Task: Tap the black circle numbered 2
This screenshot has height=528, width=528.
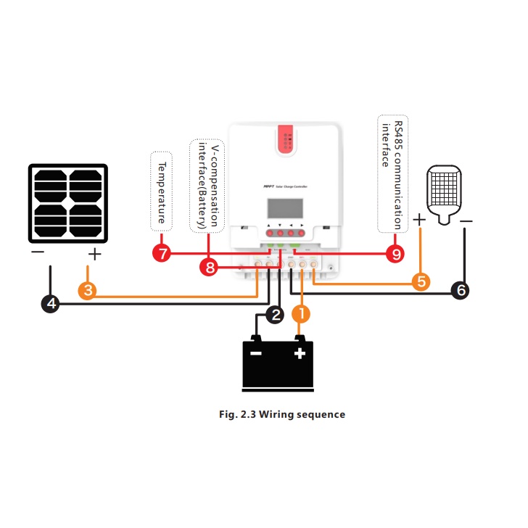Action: (275, 314)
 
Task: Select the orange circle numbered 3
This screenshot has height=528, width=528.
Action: (86, 291)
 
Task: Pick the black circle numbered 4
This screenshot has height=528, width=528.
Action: (50, 303)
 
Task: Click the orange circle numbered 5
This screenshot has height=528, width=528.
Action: (421, 281)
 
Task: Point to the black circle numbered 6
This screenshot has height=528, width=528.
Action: (460, 290)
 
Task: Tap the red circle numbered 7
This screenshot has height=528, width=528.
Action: (162, 254)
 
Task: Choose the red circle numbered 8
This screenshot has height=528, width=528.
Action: (209, 268)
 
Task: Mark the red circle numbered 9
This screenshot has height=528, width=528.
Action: (395, 254)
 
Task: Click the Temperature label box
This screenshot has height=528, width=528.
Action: (162, 191)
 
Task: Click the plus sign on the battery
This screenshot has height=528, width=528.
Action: (299, 353)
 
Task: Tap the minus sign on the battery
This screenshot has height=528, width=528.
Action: (255, 353)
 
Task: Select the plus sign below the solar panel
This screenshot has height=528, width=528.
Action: (94, 254)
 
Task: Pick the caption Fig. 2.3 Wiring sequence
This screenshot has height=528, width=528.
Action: (282, 415)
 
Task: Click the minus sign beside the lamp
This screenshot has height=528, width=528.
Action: (466, 220)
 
